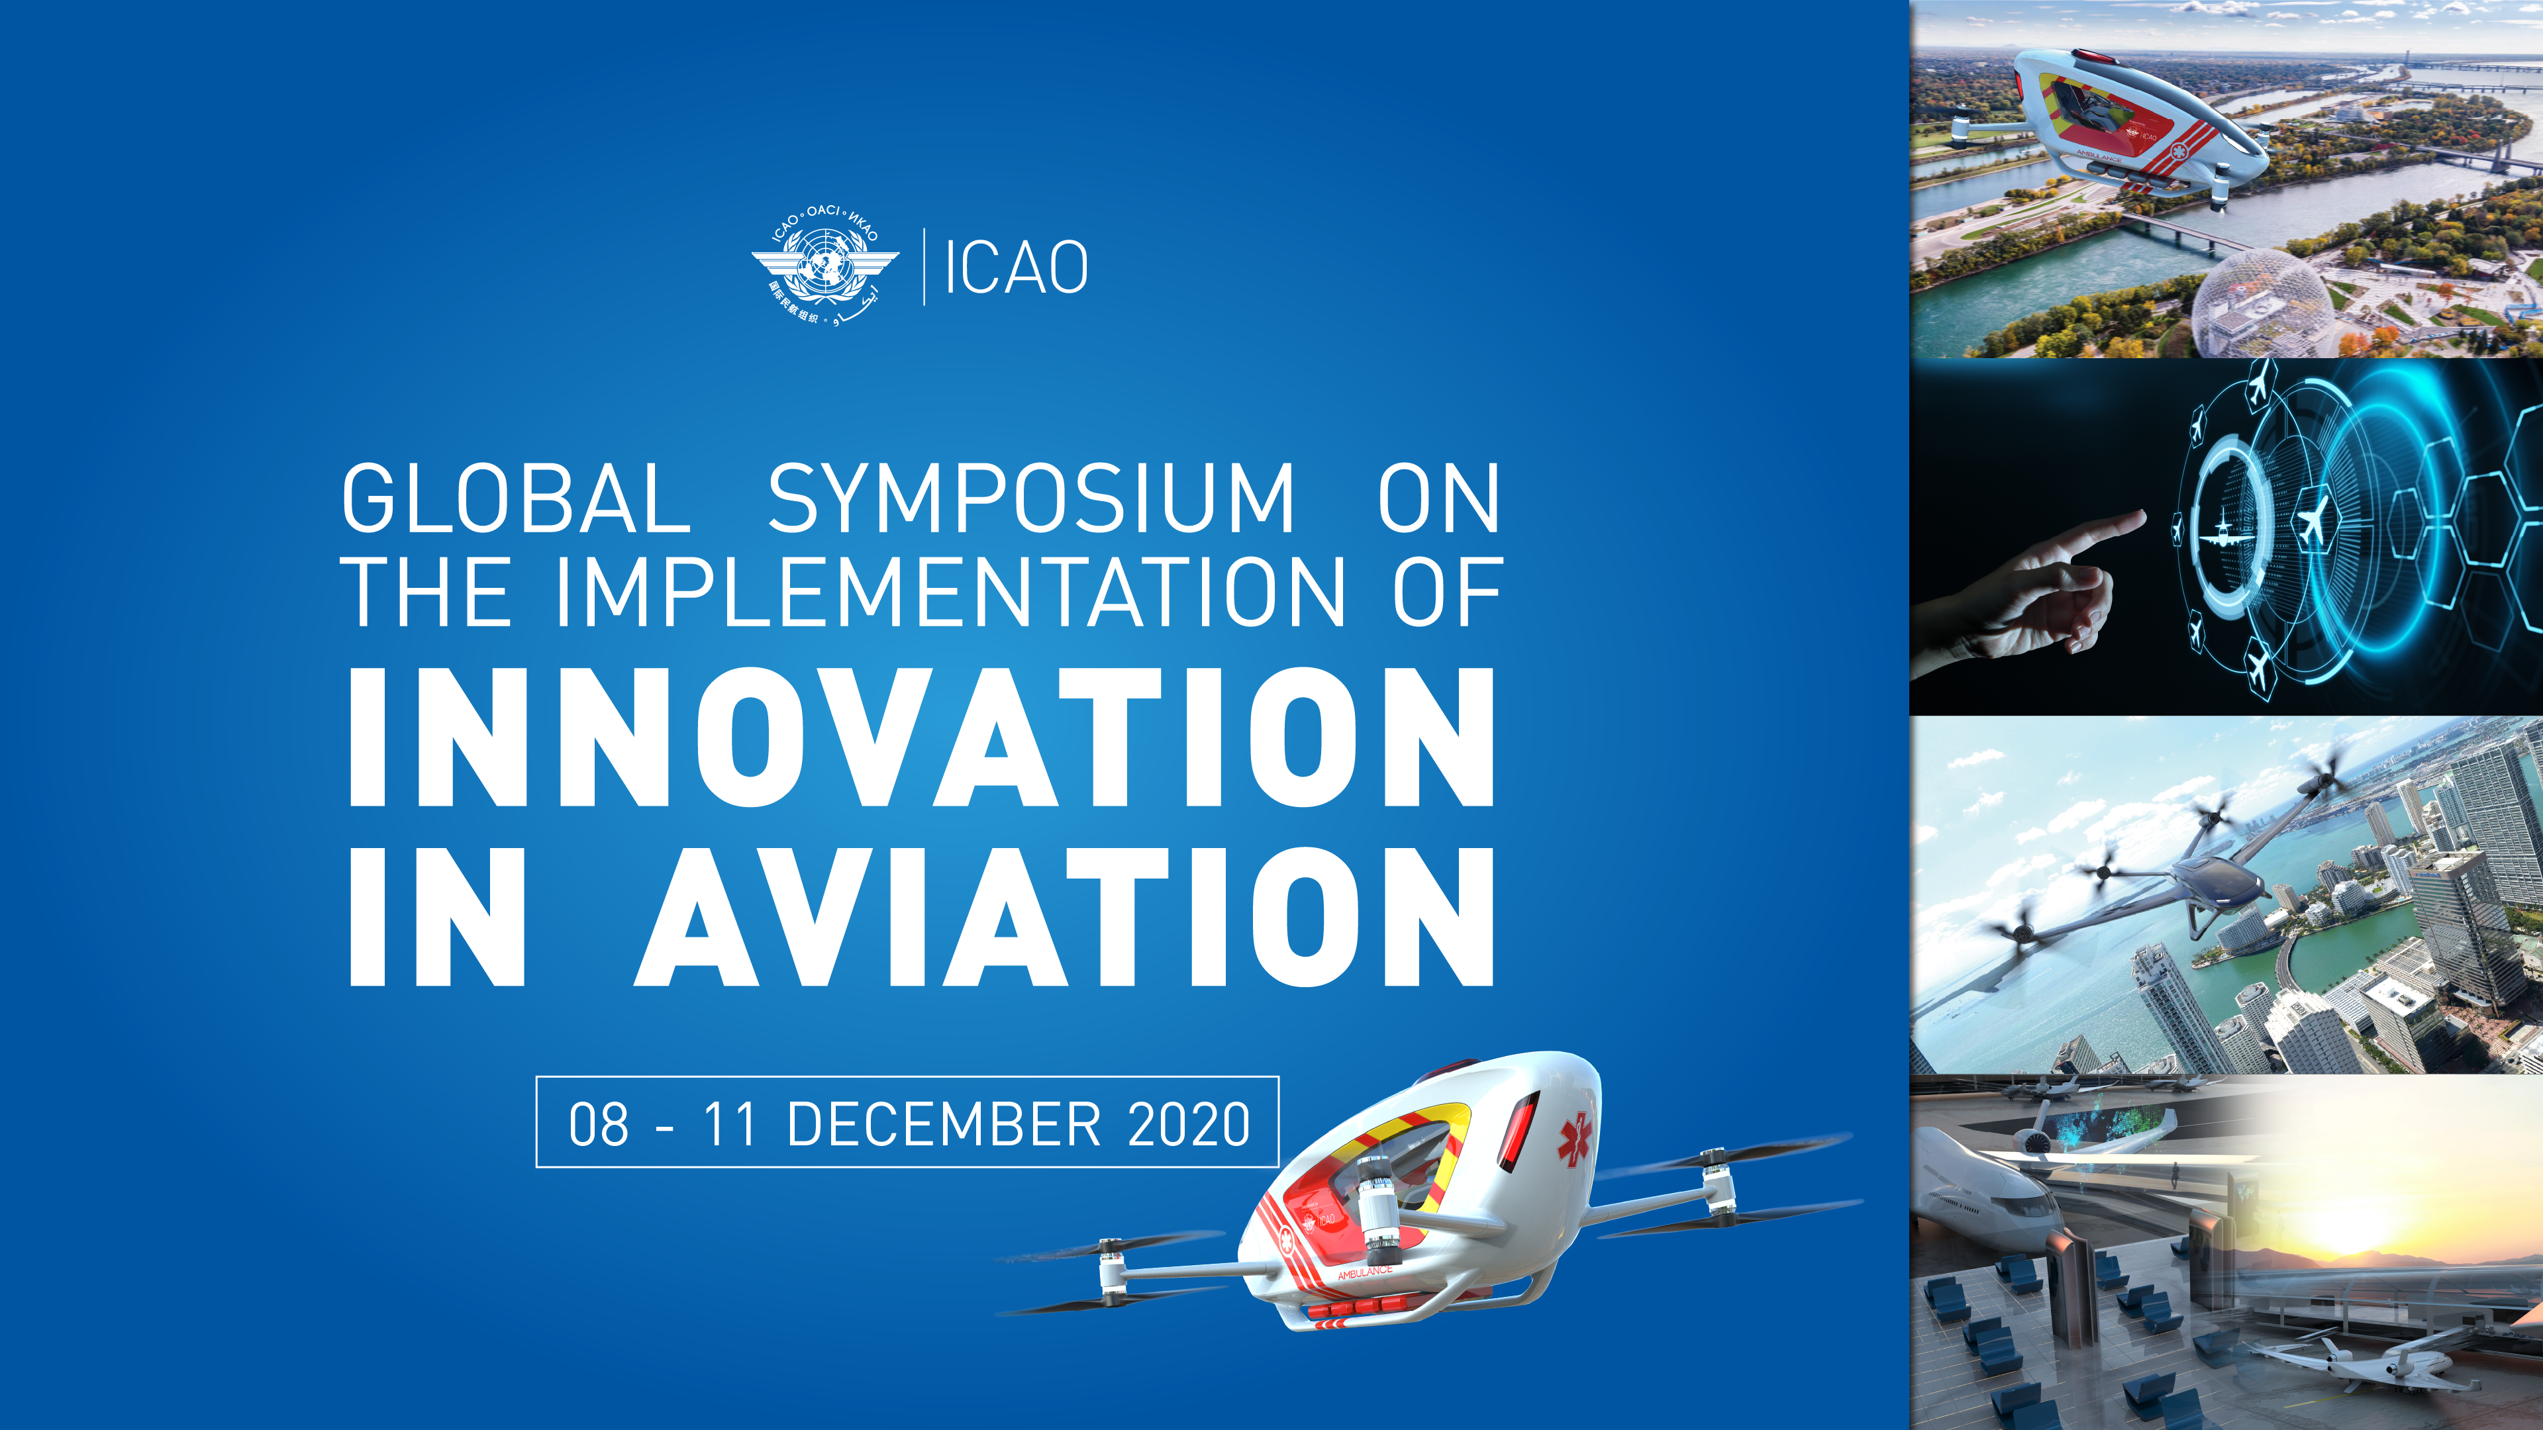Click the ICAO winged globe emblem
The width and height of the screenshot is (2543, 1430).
pos(825,265)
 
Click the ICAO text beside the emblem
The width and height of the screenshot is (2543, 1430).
pos(1016,267)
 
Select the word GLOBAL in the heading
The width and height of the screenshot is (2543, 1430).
pos(515,499)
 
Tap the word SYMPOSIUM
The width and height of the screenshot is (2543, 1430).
pos(1030,499)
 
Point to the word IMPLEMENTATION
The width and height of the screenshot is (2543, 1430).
pos(950,592)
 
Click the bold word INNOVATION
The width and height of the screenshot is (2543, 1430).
pos(922,738)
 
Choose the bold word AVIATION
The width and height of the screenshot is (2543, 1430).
pos(1064,917)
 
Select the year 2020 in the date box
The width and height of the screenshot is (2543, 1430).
pos(1189,1124)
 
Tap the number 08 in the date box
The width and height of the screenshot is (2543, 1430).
pos(598,1124)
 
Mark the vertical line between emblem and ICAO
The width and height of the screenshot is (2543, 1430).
pos(924,266)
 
